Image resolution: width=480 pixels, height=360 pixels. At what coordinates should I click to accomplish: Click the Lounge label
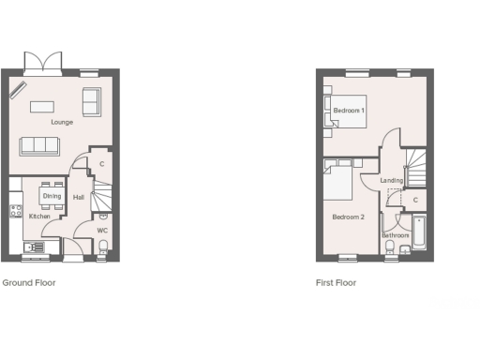pyautogui.click(x=62, y=122)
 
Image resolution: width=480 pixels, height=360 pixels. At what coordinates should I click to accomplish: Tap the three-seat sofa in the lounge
pyautogui.click(x=39, y=145)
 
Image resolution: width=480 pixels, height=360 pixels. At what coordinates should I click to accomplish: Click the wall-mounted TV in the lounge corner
pyautogui.click(x=18, y=89)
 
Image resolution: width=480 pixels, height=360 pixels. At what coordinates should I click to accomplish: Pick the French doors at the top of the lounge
pyautogui.click(x=44, y=64)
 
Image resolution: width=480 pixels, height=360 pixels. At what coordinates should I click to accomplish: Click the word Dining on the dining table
pyautogui.click(x=52, y=196)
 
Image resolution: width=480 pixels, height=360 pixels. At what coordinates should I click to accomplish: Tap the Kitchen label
pyautogui.click(x=39, y=217)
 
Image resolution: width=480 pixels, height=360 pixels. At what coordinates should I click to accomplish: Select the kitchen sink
pyautogui.click(x=35, y=247)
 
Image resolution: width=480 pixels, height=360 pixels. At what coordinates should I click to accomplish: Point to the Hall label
pyautogui.click(x=79, y=197)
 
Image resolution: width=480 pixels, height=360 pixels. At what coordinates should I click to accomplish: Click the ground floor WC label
pyautogui.click(x=103, y=230)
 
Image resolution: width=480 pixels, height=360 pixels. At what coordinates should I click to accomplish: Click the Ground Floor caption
pyautogui.click(x=28, y=282)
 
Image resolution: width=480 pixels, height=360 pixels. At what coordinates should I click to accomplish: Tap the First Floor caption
pyautogui.click(x=336, y=282)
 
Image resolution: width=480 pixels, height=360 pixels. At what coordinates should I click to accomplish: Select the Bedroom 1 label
pyautogui.click(x=350, y=111)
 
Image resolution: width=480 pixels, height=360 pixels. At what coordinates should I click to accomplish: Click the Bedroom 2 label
pyautogui.click(x=348, y=217)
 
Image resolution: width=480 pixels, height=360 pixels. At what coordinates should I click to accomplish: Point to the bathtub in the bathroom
pyautogui.click(x=418, y=234)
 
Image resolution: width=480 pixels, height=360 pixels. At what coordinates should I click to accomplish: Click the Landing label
pyautogui.click(x=392, y=181)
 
